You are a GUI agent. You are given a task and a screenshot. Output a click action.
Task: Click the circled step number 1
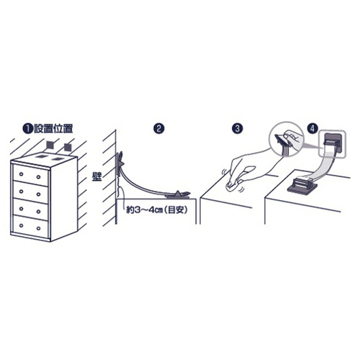[28, 129]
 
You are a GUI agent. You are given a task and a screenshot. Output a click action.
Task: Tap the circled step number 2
[158, 129]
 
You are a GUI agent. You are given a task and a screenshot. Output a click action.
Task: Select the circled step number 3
[237, 129]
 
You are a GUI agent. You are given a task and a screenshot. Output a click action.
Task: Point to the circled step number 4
[312, 129]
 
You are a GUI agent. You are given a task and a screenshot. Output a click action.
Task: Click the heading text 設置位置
[53, 129]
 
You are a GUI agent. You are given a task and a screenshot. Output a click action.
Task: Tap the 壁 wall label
[97, 176]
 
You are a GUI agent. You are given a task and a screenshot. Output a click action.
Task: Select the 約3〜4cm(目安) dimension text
[157, 210]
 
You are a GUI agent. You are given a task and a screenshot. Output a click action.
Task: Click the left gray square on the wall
[50, 145]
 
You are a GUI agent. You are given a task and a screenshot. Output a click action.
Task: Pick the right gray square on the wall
[68, 147]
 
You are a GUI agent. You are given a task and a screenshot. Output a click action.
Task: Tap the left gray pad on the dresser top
[42, 157]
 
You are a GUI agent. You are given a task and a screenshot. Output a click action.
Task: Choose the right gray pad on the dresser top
[57, 158]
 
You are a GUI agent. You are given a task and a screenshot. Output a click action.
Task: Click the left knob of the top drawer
[21, 174]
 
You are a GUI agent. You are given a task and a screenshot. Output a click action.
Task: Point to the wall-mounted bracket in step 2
[120, 163]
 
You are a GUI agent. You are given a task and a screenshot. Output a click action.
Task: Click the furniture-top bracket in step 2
[179, 194]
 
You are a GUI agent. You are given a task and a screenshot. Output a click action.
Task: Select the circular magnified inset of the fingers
[286, 140]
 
